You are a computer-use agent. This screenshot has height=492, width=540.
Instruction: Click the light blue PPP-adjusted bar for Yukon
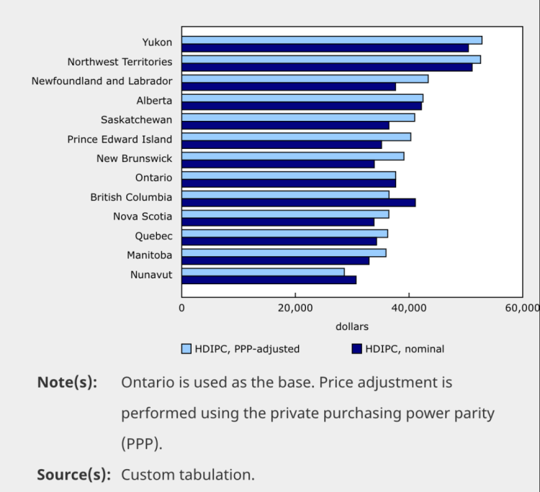click(331, 40)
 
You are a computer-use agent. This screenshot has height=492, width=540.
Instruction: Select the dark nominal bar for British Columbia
click(298, 202)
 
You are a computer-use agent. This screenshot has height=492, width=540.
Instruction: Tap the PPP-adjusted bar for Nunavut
click(263, 271)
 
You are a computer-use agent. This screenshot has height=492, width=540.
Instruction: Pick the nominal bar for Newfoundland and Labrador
click(288, 87)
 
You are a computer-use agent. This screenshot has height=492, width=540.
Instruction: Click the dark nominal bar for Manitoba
click(275, 260)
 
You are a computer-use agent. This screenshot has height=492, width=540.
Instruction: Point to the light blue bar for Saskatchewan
click(298, 117)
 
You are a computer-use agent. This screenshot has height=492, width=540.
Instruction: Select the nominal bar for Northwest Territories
click(327, 68)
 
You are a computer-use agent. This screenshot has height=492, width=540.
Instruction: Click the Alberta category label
click(154, 101)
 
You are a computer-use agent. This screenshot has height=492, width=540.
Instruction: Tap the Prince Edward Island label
click(120, 139)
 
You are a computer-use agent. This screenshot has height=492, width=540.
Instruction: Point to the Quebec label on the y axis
click(153, 235)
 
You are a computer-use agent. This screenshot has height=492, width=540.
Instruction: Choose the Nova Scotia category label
click(143, 216)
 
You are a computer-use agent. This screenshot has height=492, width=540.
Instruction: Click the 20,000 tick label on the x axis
click(295, 307)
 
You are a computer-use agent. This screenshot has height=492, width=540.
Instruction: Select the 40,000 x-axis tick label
click(409, 307)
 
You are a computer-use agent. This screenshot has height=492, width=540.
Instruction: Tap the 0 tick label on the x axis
click(181, 307)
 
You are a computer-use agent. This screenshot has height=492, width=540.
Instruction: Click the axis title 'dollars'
click(351, 327)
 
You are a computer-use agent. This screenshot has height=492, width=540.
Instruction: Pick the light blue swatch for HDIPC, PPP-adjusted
click(186, 349)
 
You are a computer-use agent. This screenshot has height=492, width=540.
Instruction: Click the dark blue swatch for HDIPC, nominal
click(356, 349)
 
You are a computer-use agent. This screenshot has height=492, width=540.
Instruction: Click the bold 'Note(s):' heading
click(67, 382)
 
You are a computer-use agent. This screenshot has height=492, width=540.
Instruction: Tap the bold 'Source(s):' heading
click(73, 475)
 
